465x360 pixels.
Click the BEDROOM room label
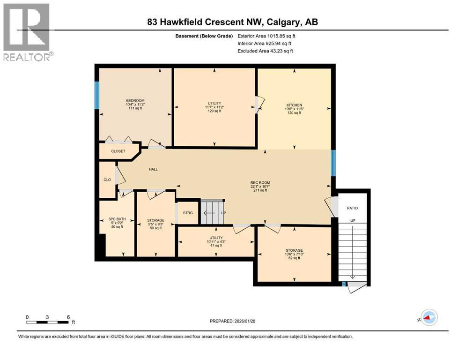coord(135,101)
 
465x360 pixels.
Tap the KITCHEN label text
coord(295,105)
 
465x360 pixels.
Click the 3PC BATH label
coord(117,219)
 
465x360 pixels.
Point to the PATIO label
coord(352,208)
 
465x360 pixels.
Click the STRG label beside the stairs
coord(188,213)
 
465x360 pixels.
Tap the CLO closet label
coord(107,179)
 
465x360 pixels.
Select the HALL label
coord(153,169)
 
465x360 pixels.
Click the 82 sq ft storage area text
coord(295,258)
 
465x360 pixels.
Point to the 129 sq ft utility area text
coord(214,111)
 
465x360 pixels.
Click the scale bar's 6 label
coord(68,317)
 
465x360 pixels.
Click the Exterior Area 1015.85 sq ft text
coord(266,36)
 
